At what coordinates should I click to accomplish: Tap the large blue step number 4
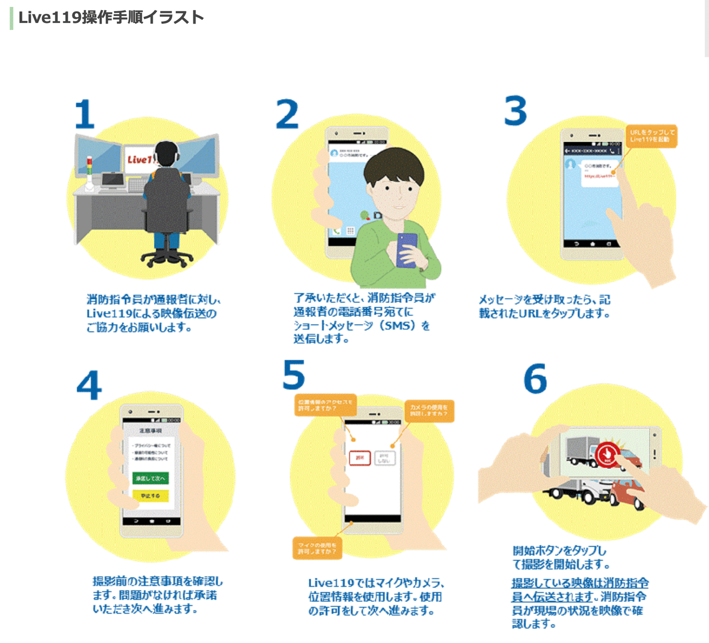(x=89, y=385)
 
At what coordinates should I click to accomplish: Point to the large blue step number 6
(x=535, y=378)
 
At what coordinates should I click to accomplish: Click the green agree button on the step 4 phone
(x=151, y=478)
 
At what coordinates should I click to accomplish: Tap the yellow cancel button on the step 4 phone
(x=151, y=496)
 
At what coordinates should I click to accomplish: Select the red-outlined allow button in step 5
(x=360, y=458)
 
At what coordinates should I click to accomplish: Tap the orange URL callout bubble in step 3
(x=652, y=136)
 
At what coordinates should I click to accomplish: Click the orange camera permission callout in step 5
(x=429, y=410)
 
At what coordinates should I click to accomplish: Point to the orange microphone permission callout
(x=317, y=548)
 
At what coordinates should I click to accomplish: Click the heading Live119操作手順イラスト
(x=111, y=17)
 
